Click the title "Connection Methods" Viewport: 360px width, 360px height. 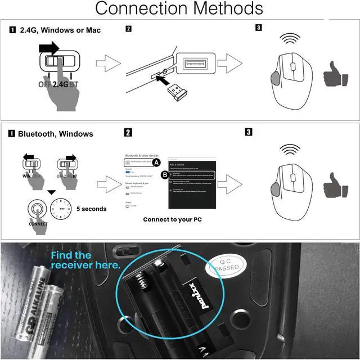pyautogui.click(x=179, y=9)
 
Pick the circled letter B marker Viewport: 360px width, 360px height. pyautogui.click(x=165, y=175)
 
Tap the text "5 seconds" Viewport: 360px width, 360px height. pyautogui.click(x=91, y=209)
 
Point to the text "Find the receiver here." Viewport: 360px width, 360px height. pyautogui.click(x=84, y=260)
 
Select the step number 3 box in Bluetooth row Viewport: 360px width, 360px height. pyautogui.click(x=249, y=132)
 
